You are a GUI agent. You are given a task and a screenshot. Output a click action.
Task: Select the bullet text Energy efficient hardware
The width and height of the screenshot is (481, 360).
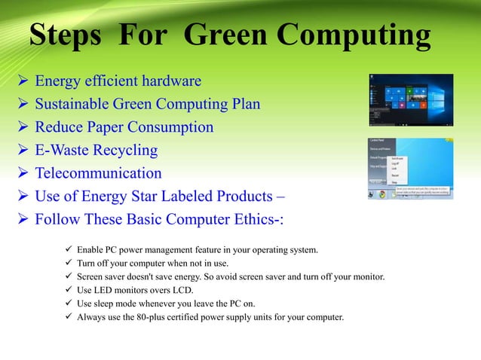pos(118,81)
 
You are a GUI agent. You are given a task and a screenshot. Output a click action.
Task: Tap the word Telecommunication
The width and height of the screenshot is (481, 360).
pos(99,174)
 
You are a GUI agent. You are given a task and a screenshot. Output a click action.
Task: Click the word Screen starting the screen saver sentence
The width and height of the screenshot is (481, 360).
pos(91,276)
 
